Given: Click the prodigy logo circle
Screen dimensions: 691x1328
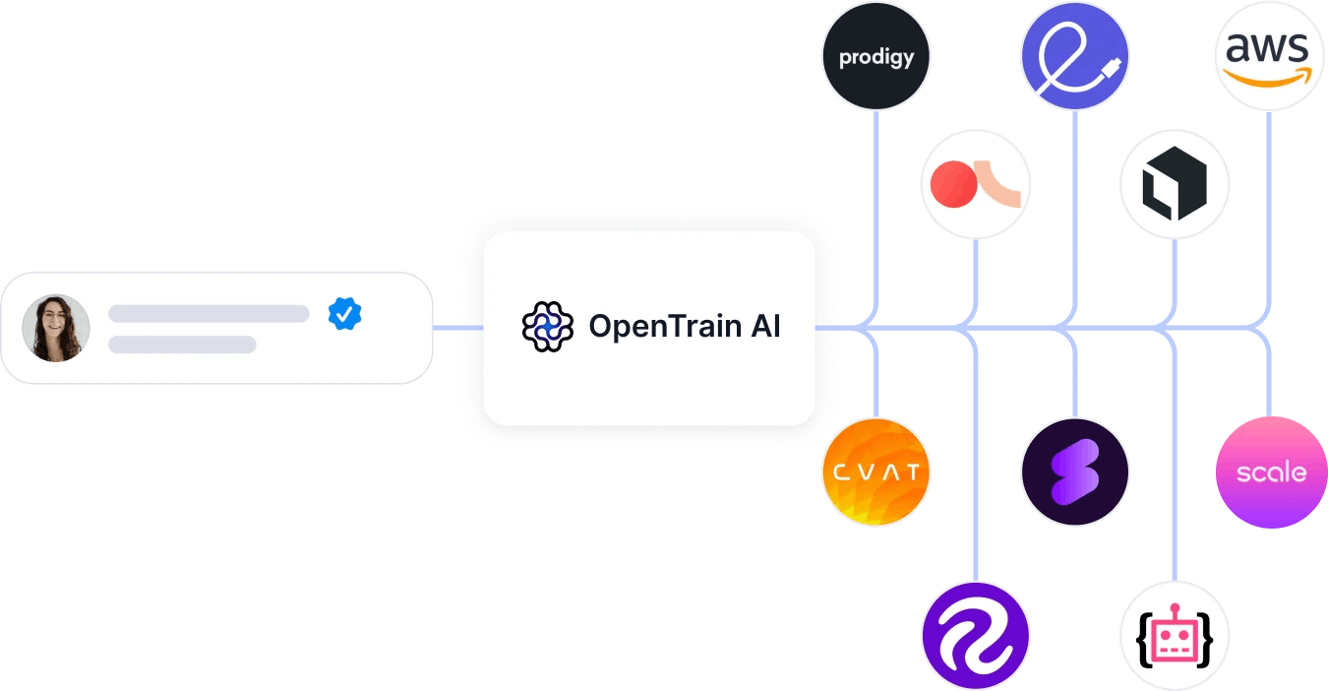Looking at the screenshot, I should [x=875, y=56].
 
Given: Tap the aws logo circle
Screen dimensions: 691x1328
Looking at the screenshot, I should [x=1269, y=56].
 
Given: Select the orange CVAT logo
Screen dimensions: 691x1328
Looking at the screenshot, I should [x=875, y=472].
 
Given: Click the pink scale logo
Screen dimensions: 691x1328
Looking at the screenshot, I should [x=1271, y=472].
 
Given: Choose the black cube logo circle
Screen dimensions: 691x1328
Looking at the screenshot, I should [x=1175, y=183].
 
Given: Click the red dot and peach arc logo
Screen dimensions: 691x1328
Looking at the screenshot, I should [x=975, y=183].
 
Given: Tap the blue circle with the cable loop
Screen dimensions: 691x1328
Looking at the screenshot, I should [x=1074, y=56].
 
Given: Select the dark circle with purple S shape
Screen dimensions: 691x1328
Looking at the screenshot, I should [x=1074, y=472].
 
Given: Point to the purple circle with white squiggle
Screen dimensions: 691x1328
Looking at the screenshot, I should [x=975, y=636].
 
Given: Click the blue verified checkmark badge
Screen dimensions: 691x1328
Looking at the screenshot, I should [x=344, y=313].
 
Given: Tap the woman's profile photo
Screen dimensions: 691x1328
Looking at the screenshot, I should [x=56, y=328].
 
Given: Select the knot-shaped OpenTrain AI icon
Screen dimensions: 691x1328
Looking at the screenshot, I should [x=547, y=327].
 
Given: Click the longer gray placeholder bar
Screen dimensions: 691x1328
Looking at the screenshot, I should [x=209, y=314].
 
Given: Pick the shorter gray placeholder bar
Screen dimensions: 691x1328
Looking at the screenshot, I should [x=182, y=345].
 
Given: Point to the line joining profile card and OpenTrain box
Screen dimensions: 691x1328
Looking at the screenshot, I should [x=457, y=327].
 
